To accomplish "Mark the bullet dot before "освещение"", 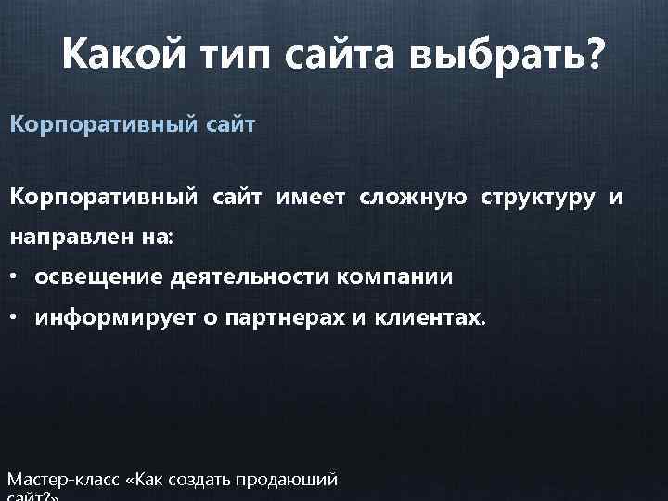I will [16, 277].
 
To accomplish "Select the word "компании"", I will [396, 277].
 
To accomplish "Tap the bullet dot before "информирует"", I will [16, 318].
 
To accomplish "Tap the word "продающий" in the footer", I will [289, 481].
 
